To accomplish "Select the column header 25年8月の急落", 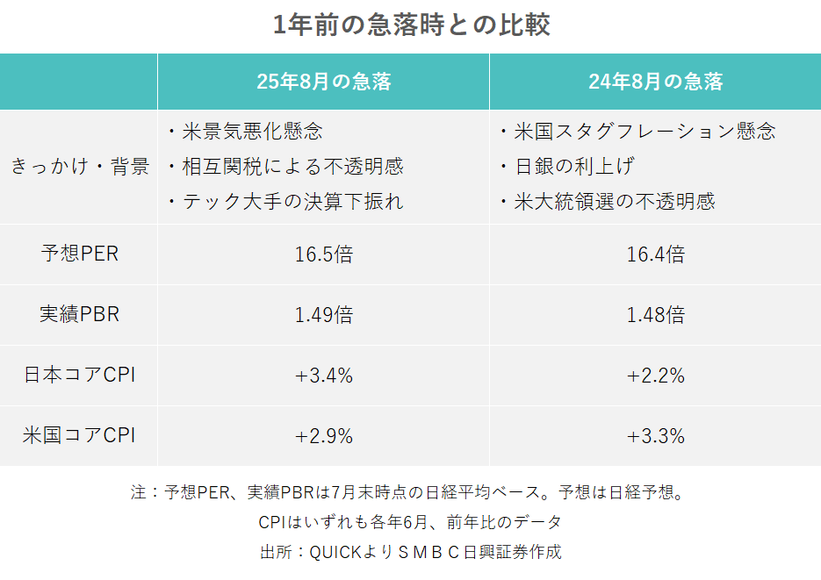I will click(x=323, y=82).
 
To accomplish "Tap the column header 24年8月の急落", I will click(x=655, y=82).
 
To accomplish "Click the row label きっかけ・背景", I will click(x=80, y=167).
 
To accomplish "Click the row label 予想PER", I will click(x=80, y=254).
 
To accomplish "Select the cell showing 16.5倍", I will click(x=323, y=254).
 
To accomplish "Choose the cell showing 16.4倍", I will click(x=655, y=254).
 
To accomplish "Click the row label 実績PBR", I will click(x=80, y=314).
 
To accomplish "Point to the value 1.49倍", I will click(x=323, y=314).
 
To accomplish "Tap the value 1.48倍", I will click(x=655, y=314).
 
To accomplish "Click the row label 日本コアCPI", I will click(x=80, y=375).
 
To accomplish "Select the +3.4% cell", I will click(x=323, y=375).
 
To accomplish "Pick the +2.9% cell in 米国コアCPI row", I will click(x=323, y=435).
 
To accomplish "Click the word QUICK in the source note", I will click(x=329, y=552).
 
